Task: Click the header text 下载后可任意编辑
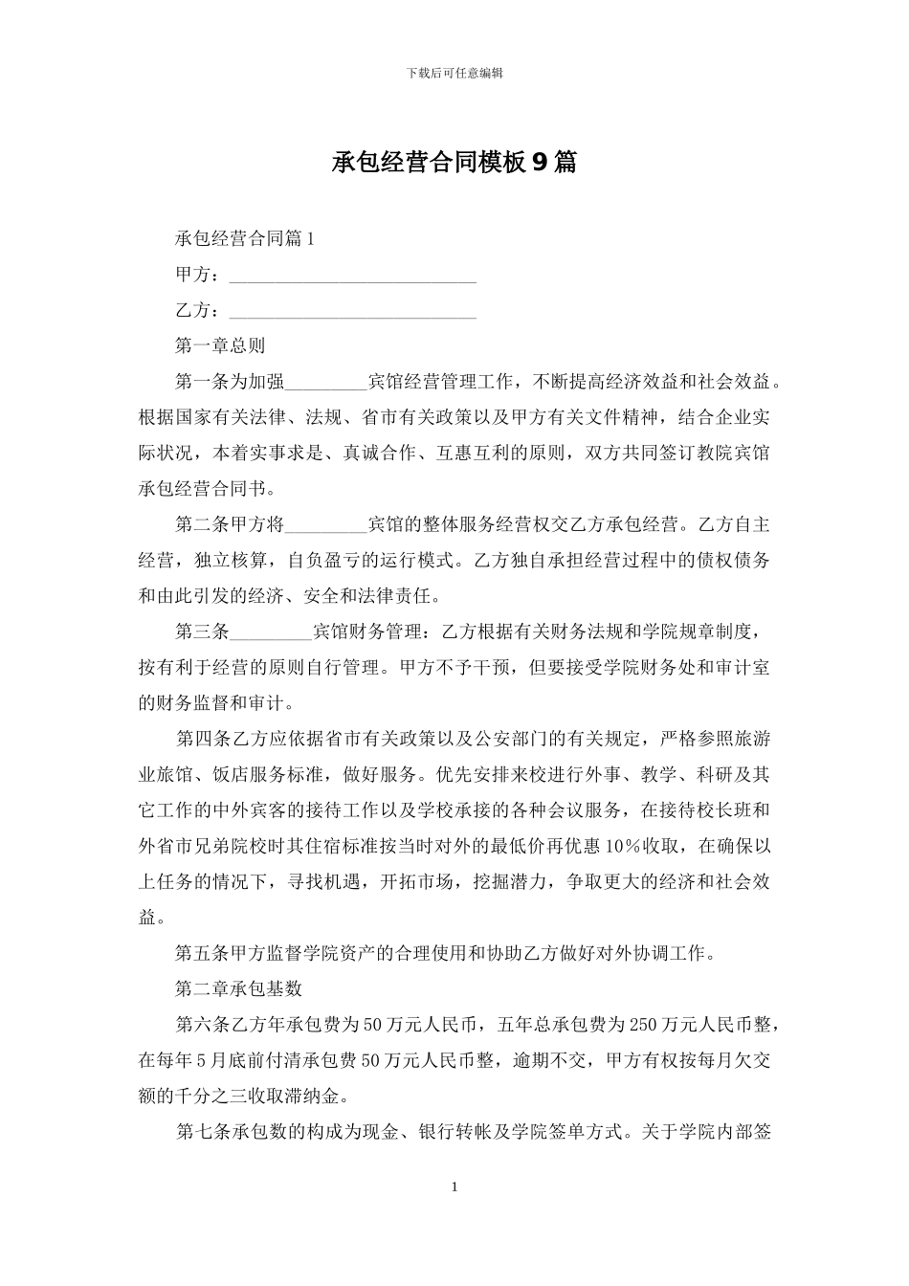pyautogui.click(x=454, y=73)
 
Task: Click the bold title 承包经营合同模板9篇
pyautogui.click(x=454, y=163)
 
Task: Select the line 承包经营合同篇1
pyautogui.click(x=245, y=239)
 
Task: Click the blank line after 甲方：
pyautogui.click(x=353, y=277)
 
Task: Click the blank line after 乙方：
pyautogui.click(x=353, y=312)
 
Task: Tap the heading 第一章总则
pyautogui.click(x=220, y=346)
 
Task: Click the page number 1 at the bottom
pyautogui.click(x=454, y=1187)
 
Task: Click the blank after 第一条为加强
pyautogui.click(x=326, y=384)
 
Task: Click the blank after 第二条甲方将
pyautogui.click(x=326, y=525)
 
